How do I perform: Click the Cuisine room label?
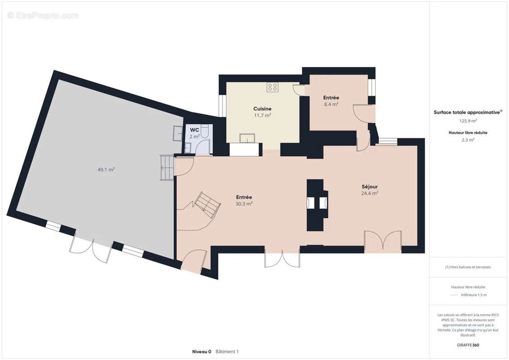point(262,109)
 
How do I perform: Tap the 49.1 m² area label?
point(106,170)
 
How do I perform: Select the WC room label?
point(194,130)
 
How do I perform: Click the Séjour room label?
point(370,187)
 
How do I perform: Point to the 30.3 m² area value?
point(244,204)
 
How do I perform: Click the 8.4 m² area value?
point(331,104)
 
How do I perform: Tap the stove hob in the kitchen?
point(273,87)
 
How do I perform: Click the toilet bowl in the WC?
point(205,131)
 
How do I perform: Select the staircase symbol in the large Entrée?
point(207,205)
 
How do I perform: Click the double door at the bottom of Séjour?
point(383,242)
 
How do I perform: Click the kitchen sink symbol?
point(248,138)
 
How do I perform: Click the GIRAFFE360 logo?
point(468,345)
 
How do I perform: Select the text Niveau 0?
point(202,351)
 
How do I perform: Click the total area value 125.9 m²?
point(468,121)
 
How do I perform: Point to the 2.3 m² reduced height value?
point(468,140)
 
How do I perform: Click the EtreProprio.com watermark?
point(43,15)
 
